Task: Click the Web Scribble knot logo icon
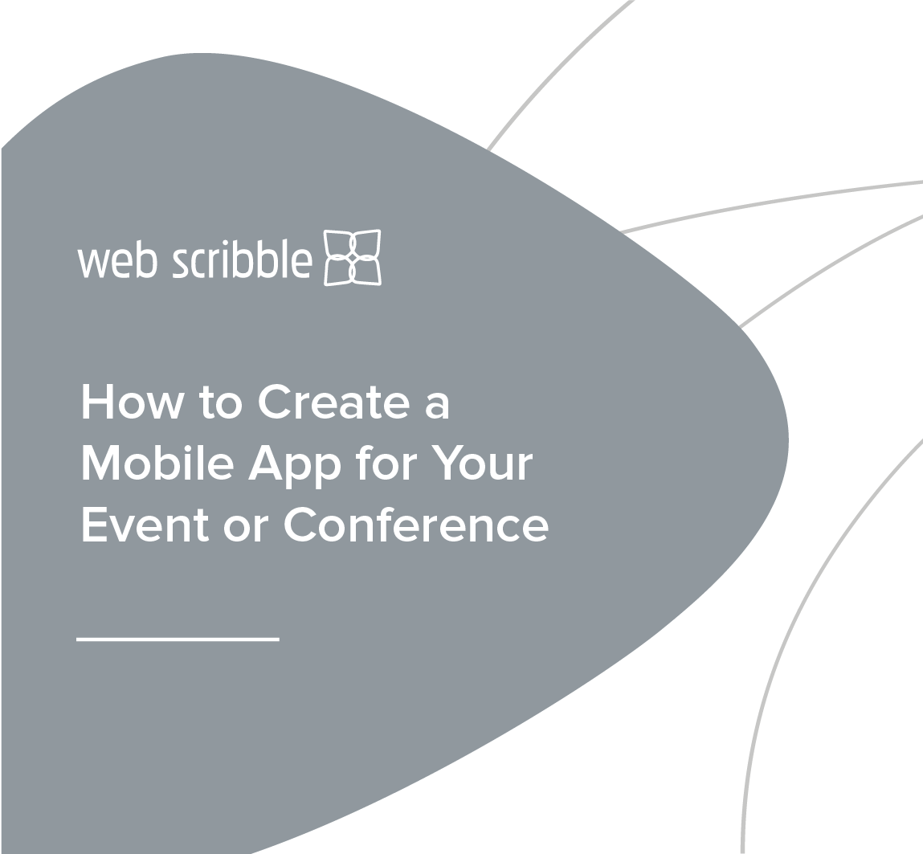pyautogui.click(x=352, y=257)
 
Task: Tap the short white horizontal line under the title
pyautogui.click(x=178, y=639)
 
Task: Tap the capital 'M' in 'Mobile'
pyautogui.click(x=100, y=464)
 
